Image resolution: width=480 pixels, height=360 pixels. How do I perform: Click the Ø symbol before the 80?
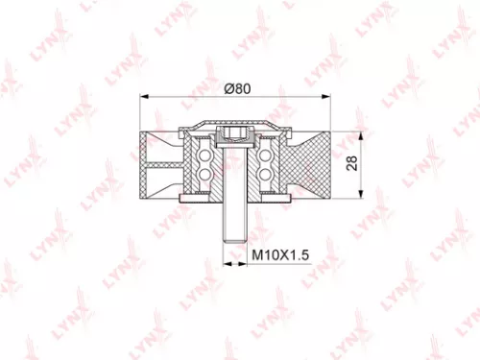point(228,87)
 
